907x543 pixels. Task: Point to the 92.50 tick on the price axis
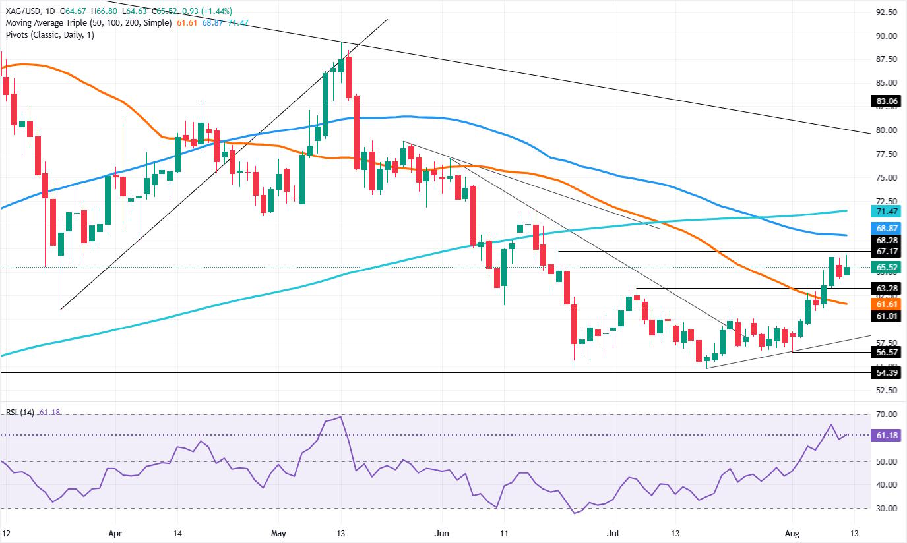(887, 13)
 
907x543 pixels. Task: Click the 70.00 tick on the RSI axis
(887, 414)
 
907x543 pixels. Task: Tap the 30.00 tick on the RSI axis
(887, 509)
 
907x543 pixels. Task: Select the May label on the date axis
(278, 534)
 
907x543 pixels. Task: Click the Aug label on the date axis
(792, 534)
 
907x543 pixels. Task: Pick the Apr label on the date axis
(115, 534)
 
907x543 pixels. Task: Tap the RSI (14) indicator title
(20, 413)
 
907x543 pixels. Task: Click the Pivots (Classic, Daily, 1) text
(50, 35)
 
